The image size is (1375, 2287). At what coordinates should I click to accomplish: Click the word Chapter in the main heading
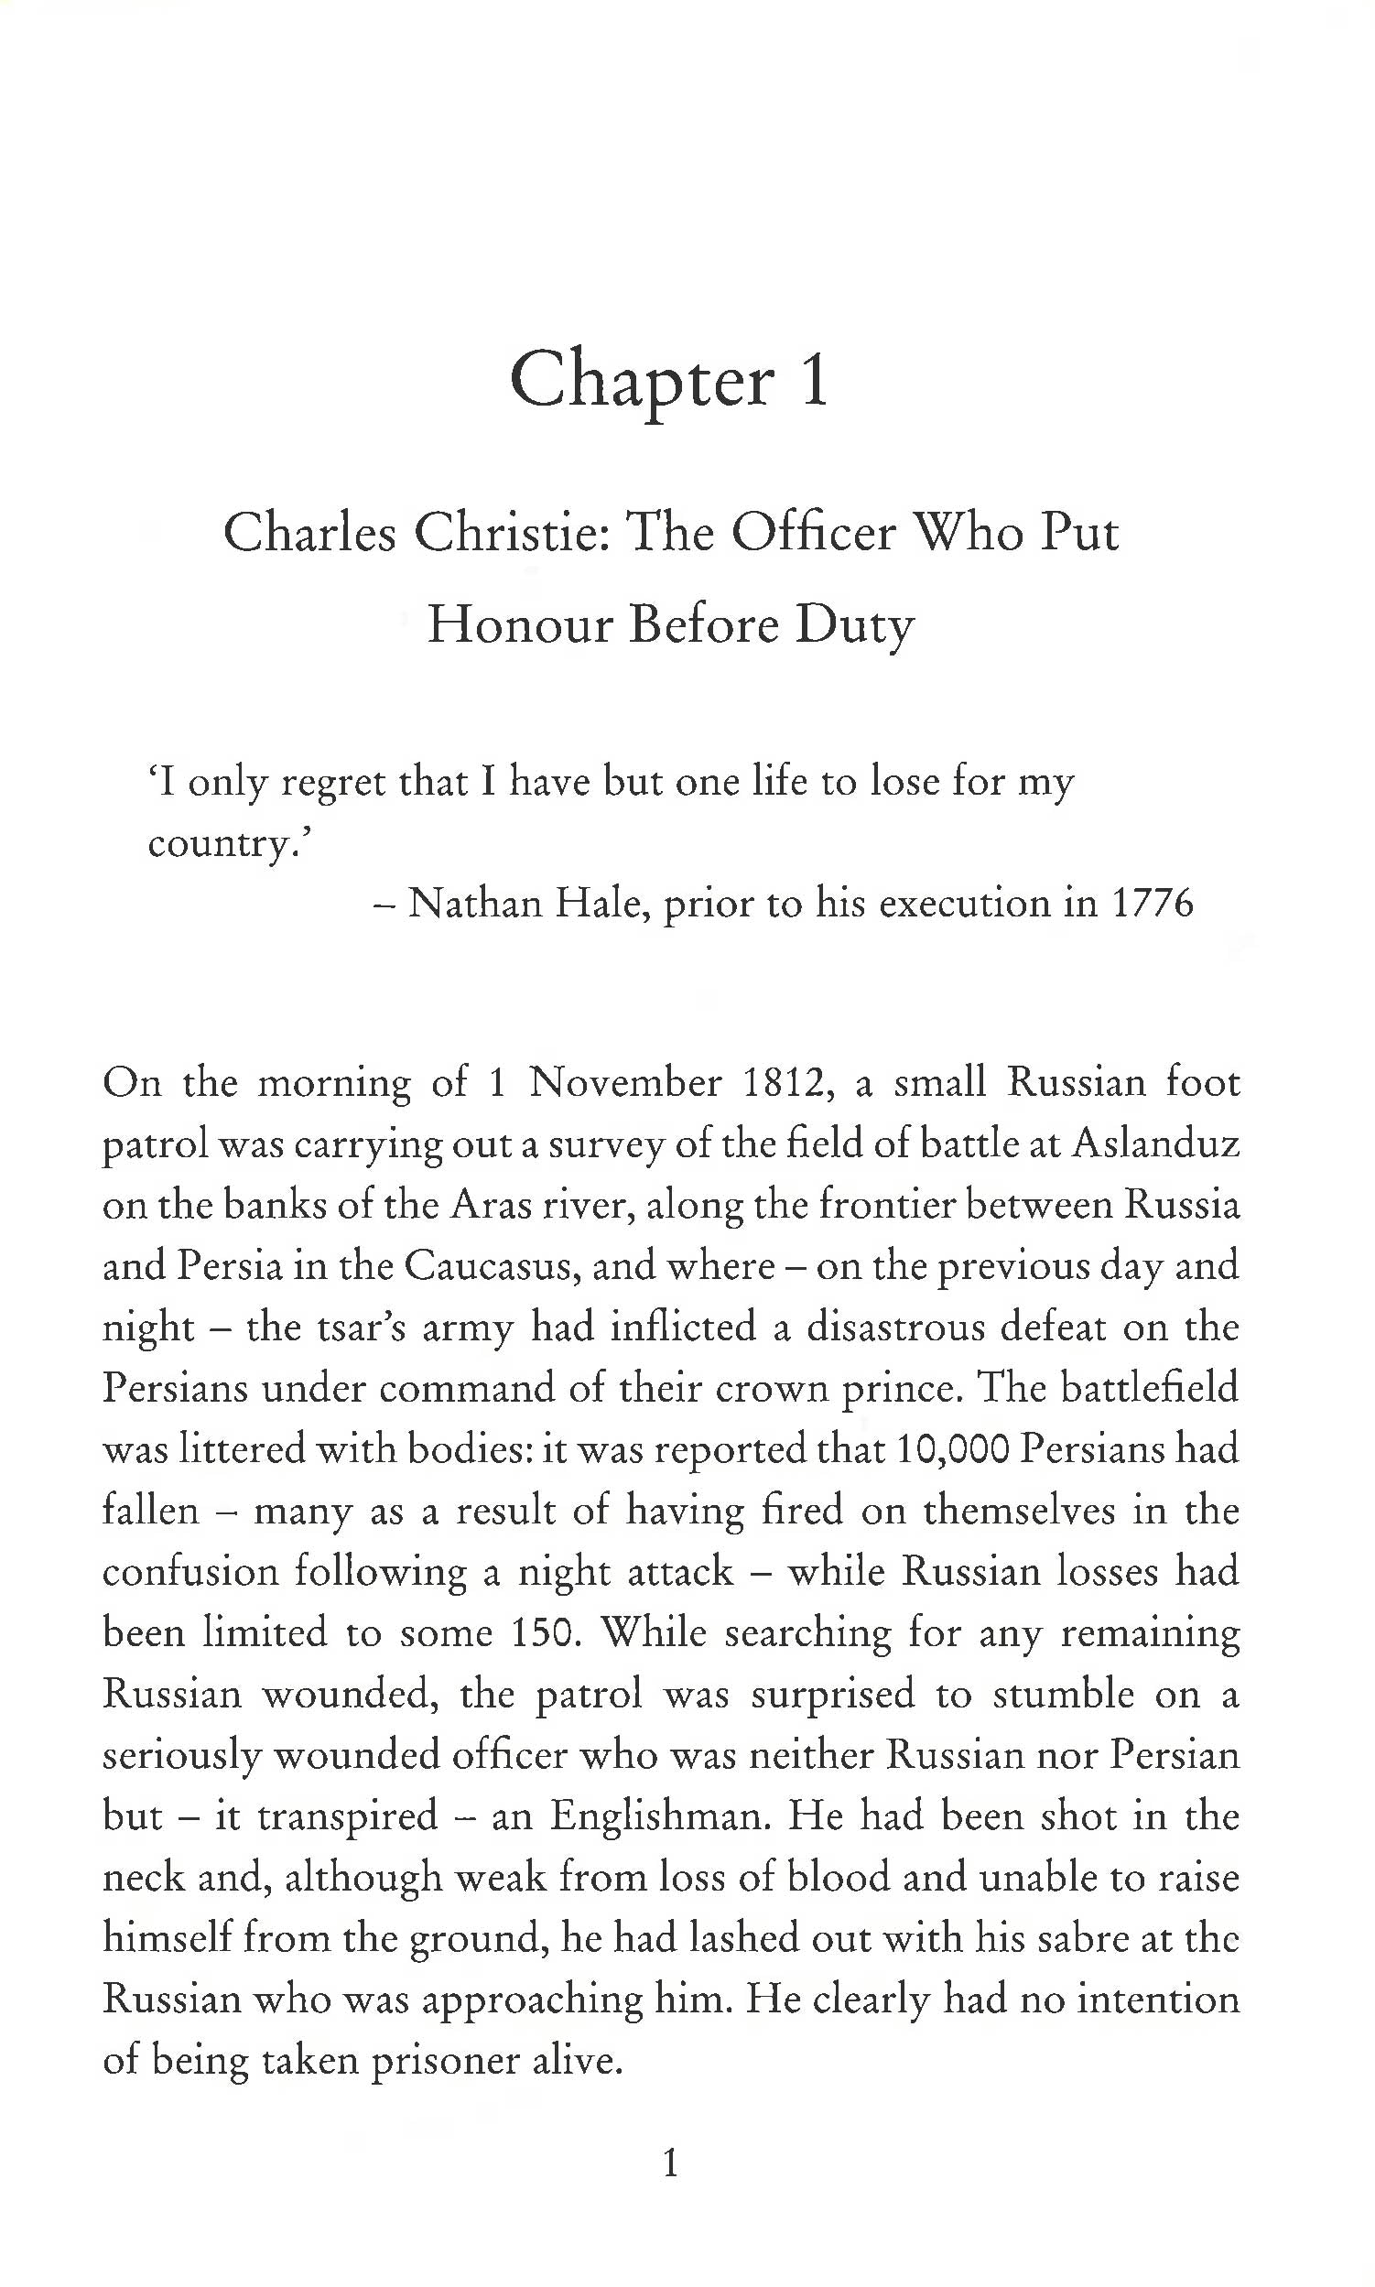click(x=641, y=382)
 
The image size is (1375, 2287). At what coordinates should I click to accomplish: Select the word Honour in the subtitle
click(x=521, y=625)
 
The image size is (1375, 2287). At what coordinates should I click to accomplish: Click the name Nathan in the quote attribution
click(x=474, y=903)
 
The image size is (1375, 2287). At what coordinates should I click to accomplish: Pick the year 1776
click(x=1152, y=903)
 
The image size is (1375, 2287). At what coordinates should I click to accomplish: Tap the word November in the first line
click(x=625, y=1082)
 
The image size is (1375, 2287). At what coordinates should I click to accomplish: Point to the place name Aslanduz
click(x=1155, y=1143)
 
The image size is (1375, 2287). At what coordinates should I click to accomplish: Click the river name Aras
click(x=501, y=1205)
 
